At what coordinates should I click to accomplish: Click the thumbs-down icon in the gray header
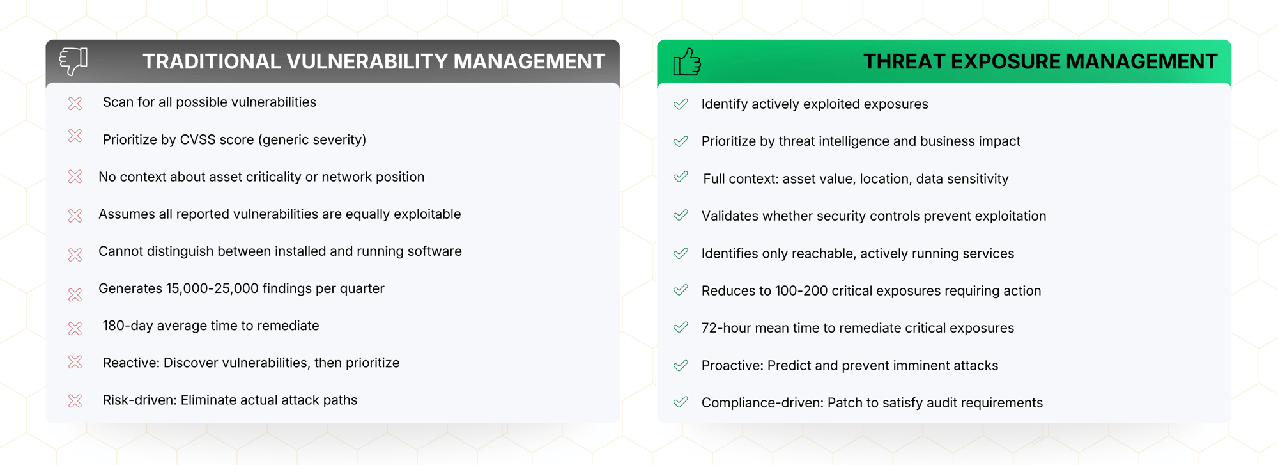click(73, 61)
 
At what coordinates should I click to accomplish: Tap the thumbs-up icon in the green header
click(687, 63)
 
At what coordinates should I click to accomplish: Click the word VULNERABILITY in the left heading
click(367, 61)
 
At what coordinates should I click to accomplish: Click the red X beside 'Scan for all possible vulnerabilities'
click(75, 104)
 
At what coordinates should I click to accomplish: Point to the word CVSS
click(197, 140)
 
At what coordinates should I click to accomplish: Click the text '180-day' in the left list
click(128, 326)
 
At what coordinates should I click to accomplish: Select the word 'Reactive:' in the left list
click(131, 363)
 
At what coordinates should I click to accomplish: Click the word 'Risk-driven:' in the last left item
click(139, 400)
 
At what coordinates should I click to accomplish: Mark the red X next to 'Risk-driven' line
click(75, 401)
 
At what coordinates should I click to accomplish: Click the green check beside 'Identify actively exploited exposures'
click(681, 104)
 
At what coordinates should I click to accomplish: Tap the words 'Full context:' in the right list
click(741, 179)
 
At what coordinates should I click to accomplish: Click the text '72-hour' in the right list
click(726, 328)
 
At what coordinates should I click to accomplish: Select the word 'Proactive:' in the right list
click(732, 366)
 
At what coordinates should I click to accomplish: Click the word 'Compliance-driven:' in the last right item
click(762, 403)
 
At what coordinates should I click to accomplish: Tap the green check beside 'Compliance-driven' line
click(681, 402)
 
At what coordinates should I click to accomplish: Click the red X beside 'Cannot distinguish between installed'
click(75, 255)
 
